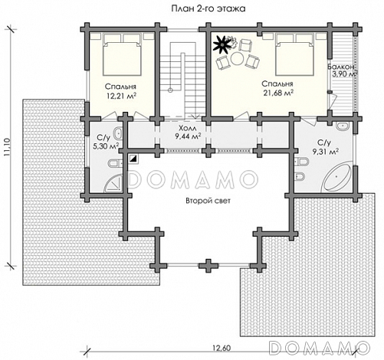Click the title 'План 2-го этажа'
pyautogui.click(x=208, y=8)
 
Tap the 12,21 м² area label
pyautogui.click(x=121, y=96)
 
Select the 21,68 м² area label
pyautogui.click(x=278, y=93)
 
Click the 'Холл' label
pyautogui.click(x=188, y=128)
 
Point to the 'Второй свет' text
pyautogui.click(x=208, y=201)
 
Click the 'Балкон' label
pyautogui.click(x=341, y=67)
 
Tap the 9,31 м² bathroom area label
pyautogui.click(x=326, y=152)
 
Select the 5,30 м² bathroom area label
pyautogui.click(x=105, y=146)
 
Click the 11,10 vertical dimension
pyautogui.click(x=7, y=147)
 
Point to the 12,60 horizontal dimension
pyautogui.click(x=222, y=348)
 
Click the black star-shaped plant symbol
pyautogui.click(x=222, y=44)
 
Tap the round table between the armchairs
pyautogui.click(x=238, y=58)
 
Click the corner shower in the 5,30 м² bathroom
pyautogui.click(x=113, y=182)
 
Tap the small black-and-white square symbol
pyautogui.click(x=133, y=159)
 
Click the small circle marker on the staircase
pyautogui.click(x=170, y=90)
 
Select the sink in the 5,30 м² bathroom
pyautogui.click(x=117, y=133)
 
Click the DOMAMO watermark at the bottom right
pyautogui.click(x=320, y=347)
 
